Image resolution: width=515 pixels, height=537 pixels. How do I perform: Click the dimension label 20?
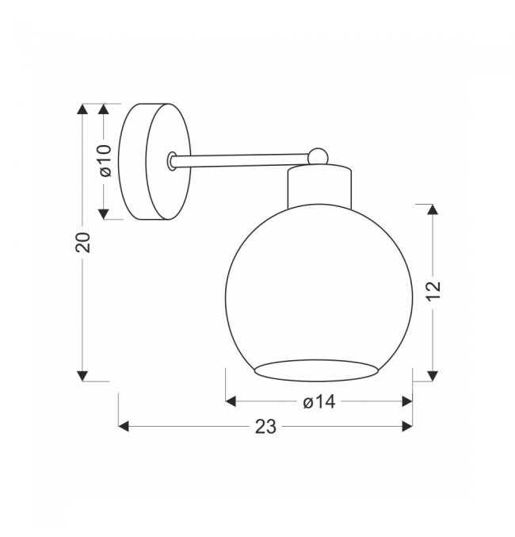pyautogui.click(x=83, y=243)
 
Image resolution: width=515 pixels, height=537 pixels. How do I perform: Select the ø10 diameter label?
pyautogui.click(x=105, y=160)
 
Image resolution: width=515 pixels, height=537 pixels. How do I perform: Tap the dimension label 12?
pyautogui.click(x=433, y=291)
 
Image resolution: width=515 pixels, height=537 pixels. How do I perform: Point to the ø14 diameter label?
pyautogui.click(x=319, y=401)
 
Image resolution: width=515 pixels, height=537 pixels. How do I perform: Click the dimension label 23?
pyautogui.click(x=265, y=427)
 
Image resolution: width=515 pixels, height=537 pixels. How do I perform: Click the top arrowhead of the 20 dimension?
pyautogui.click(x=82, y=109)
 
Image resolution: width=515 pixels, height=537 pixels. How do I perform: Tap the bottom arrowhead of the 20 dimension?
pyautogui.click(x=82, y=376)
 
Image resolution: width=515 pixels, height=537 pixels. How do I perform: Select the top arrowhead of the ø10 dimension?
pyautogui.click(x=103, y=109)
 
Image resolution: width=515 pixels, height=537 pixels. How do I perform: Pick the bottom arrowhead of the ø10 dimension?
pyautogui.click(x=103, y=214)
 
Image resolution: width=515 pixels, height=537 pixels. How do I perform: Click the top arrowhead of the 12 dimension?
pyautogui.click(x=433, y=209)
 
